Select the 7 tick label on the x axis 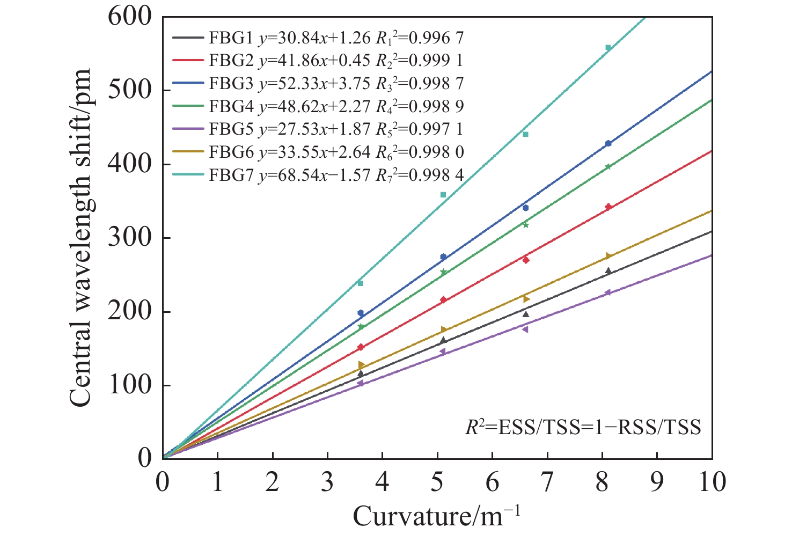click(547, 482)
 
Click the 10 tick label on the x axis click(712, 482)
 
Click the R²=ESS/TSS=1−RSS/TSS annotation click(583, 428)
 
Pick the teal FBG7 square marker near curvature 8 click(608, 48)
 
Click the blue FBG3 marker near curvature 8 click(608, 143)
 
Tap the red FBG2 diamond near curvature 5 click(443, 299)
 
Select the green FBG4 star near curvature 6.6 click(525, 225)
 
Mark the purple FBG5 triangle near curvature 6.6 click(525, 329)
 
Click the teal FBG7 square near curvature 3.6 click(360, 283)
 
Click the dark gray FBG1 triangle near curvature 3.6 click(360, 373)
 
